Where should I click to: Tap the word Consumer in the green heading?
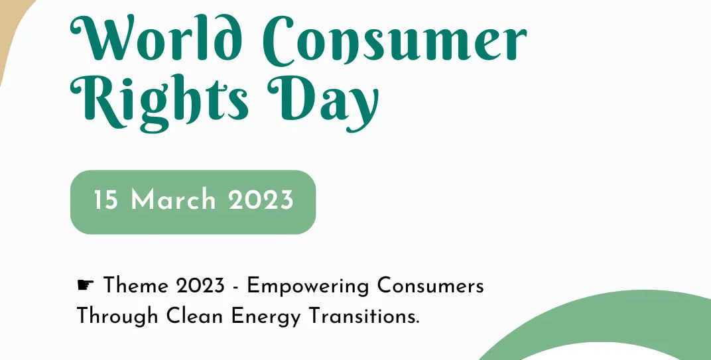[x=395, y=40]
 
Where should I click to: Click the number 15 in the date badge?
[x=106, y=200]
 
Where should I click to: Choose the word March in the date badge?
[x=173, y=200]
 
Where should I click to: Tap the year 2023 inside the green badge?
[x=261, y=200]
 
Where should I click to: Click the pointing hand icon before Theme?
[x=86, y=284]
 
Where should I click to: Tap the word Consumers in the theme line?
[x=430, y=286]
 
